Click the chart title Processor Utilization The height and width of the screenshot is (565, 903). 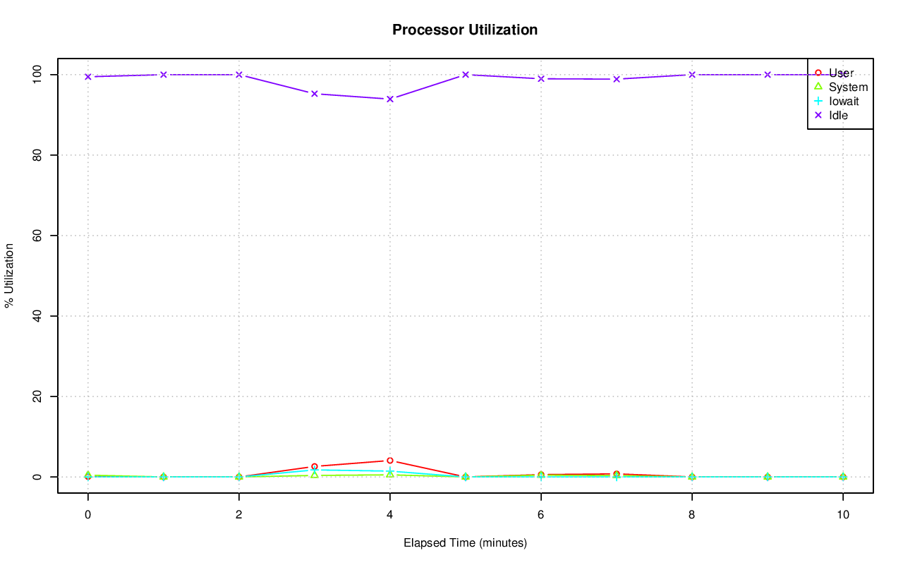click(x=465, y=30)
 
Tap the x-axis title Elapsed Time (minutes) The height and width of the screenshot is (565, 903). click(x=465, y=543)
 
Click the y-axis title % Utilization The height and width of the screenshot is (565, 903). click(x=10, y=275)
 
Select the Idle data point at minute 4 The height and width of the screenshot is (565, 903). click(x=389, y=99)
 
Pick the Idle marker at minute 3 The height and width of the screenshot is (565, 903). click(x=314, y=94)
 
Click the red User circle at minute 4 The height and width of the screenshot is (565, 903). click(x=389, y=461)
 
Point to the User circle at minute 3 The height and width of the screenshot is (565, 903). click(x=314, y=466)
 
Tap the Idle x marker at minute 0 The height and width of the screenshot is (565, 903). click(x=87, y=77)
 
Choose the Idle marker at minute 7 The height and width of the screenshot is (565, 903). click(x=617, y=79)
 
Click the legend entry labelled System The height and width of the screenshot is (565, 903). click(x=848, y=87)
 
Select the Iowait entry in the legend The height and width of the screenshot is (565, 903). click(x=844, y=101)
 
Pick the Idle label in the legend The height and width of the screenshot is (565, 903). click(x=838, y=115)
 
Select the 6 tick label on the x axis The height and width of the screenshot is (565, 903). click(x=541, y=515)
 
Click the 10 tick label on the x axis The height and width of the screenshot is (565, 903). click(x=843, y=515)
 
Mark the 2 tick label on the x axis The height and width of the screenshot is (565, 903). click(x=239, y=515)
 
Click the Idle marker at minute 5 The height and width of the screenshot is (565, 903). click(x=466, y=75)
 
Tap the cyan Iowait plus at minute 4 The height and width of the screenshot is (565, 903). click(x=389, y=471)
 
